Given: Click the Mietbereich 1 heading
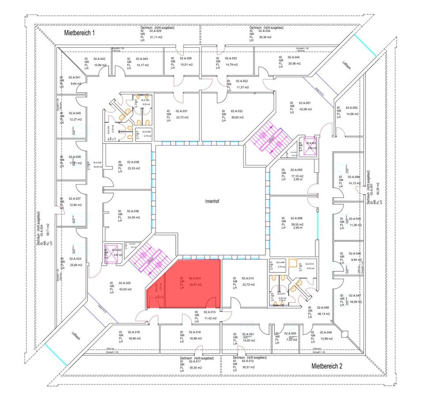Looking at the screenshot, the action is (x=79, y=33).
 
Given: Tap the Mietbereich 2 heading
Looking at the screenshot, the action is (x=327, y=366).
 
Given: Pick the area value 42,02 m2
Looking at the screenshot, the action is (x=134, y=289).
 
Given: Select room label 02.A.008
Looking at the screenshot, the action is (x=296, y=218).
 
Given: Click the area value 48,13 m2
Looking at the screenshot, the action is (x=324, y=313).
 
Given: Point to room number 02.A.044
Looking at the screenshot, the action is (x=294, y=58).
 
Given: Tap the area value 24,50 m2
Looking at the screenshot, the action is (x=133, y=217).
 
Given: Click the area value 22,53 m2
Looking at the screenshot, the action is (x=133, y=168).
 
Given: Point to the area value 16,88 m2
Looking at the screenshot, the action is (x=195, y=339).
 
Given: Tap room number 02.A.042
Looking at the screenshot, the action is (x=100, y=59).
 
